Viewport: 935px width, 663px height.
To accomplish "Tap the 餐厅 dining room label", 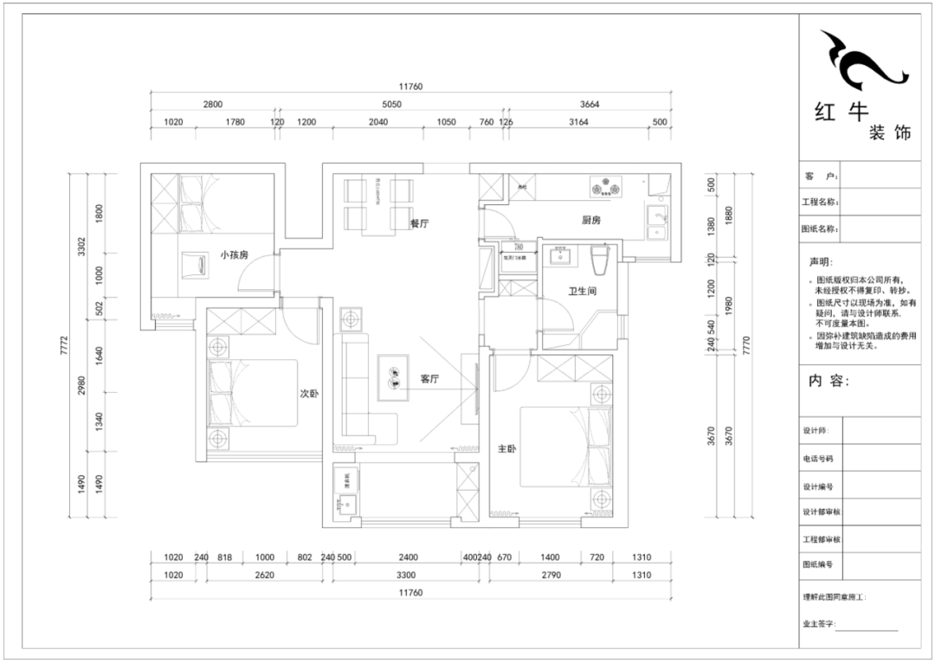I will [x=419, y=222].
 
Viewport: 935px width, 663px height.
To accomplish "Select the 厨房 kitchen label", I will [x=591, y=221].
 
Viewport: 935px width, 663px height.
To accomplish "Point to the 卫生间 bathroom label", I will [x=582, y=292].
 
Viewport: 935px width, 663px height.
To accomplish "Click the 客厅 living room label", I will [x=430, y=379].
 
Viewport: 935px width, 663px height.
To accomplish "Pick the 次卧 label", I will [x=309, y=393].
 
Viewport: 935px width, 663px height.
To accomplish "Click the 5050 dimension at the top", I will [x=392, y=104].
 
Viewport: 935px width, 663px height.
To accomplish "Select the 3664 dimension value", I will [x=590, y=104].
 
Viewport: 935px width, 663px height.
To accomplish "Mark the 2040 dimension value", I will [x=377, y=123].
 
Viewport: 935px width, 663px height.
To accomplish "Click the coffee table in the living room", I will [x=394, y=378].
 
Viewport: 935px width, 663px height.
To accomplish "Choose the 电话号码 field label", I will [x=818, y=459].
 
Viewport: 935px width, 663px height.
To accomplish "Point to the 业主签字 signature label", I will [x=819, y=622].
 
